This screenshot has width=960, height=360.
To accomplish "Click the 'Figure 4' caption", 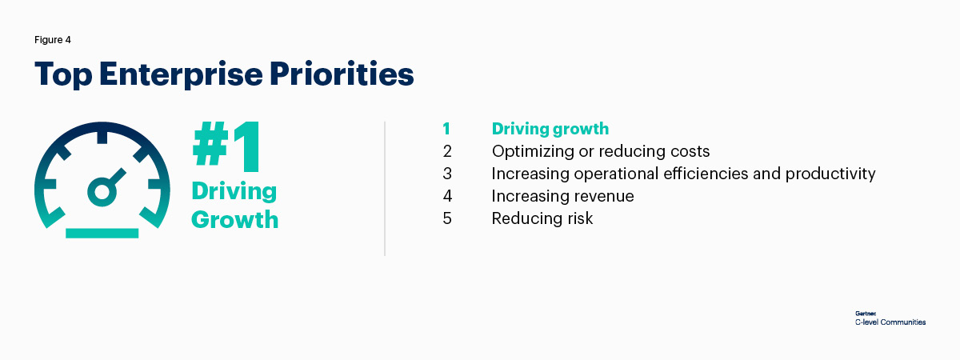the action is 53,40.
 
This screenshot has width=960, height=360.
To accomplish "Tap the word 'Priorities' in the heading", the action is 342,74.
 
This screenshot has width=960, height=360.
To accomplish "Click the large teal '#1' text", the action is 226,146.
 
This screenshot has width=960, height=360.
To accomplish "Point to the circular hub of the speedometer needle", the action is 102,190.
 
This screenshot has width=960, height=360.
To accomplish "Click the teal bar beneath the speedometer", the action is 102,233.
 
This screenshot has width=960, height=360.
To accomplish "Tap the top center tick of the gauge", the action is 102,136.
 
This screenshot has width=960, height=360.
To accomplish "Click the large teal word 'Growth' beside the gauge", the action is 235,220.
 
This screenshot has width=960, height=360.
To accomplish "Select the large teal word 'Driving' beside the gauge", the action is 234,192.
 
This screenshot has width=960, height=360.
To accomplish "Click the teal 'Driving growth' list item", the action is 550,129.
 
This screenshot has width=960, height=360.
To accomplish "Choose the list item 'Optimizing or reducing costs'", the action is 601,151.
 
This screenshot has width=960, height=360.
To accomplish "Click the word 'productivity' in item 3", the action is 830,174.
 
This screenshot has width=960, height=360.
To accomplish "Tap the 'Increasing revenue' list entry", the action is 562,196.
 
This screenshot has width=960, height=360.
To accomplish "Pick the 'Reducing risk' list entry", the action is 542,218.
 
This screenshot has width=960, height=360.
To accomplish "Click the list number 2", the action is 447,151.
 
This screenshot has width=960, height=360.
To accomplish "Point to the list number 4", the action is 447,196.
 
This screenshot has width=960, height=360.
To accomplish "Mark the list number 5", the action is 447,218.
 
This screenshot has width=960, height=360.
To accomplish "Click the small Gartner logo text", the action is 866,314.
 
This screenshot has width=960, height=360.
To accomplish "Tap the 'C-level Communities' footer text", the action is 890,322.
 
